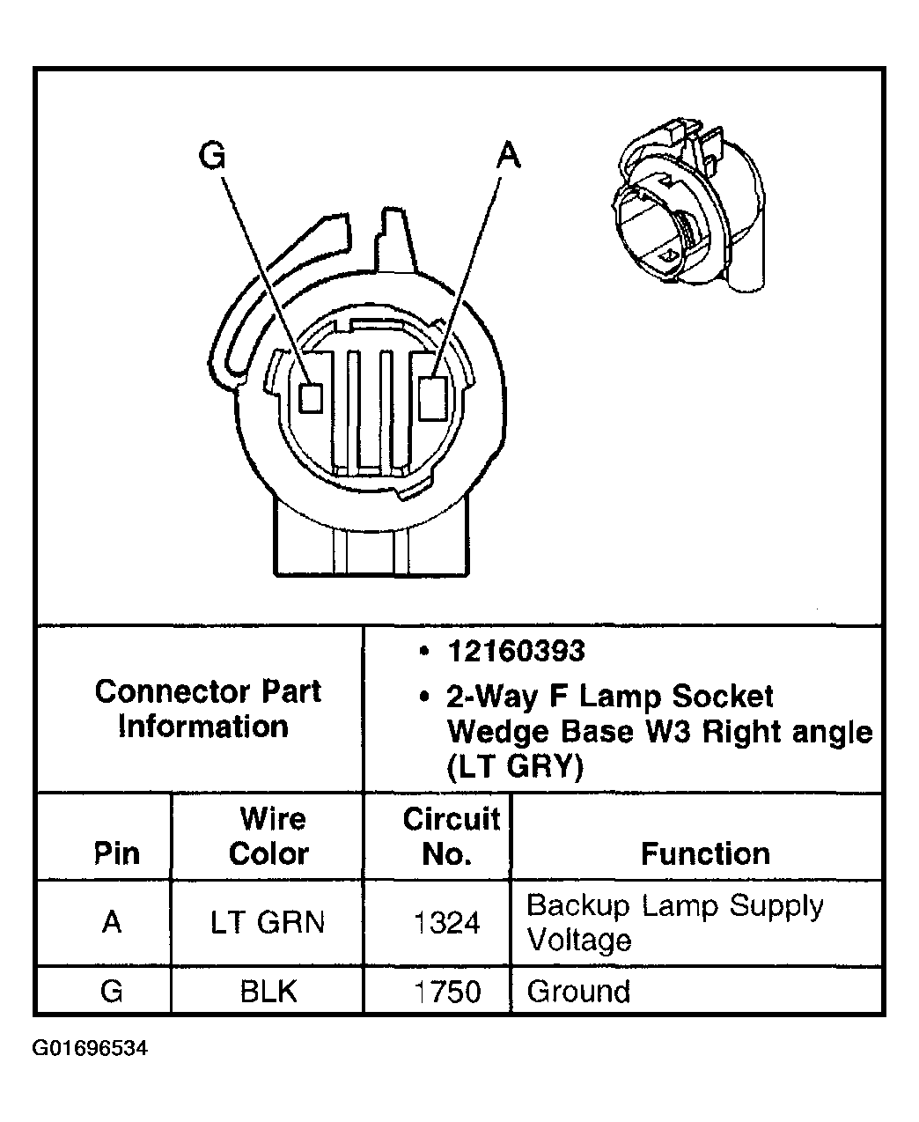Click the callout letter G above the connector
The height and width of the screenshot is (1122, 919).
tap(213, 155)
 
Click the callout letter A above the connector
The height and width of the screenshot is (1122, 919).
tap(509, 155)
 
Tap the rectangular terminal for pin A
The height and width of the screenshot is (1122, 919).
tap(432, 397)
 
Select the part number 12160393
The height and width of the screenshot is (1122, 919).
tap(516, 651)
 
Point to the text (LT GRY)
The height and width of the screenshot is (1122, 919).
tap(515, 768)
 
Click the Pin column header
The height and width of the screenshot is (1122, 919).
tap(116, 853)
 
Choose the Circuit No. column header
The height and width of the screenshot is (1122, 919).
tap(450, 836)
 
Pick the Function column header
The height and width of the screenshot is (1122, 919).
tap(704, 853)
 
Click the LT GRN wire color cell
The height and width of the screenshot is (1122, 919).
tap(268, 922)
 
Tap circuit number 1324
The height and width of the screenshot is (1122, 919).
tap(447, 922)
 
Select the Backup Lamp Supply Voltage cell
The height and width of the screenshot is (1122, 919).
tap(674, 922)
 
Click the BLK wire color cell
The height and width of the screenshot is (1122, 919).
tap(268, 991)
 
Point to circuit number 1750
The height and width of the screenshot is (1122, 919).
tap(447, 991)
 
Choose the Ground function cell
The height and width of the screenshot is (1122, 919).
tap(578, 991)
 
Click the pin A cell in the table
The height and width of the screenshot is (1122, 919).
tap(112, 922)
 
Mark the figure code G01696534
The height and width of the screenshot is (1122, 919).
tap(91, 1049)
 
